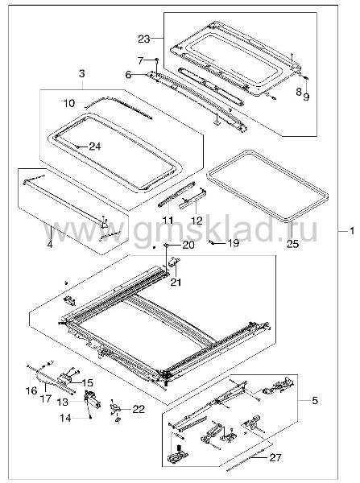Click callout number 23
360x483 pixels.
143,39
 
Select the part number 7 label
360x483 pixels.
141,61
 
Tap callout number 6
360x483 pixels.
129,75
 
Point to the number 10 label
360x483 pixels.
69,103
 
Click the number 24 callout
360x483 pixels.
94,147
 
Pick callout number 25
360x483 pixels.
292,244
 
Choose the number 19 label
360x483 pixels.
233,243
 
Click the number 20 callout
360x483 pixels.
188,246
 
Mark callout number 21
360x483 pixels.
176,282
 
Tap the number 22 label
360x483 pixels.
139,409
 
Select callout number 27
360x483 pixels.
275,457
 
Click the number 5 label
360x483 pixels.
315,400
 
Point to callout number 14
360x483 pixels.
65,418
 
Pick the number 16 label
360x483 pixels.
31,391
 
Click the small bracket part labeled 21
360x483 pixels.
174,262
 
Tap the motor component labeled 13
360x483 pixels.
92,399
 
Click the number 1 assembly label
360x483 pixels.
352,231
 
